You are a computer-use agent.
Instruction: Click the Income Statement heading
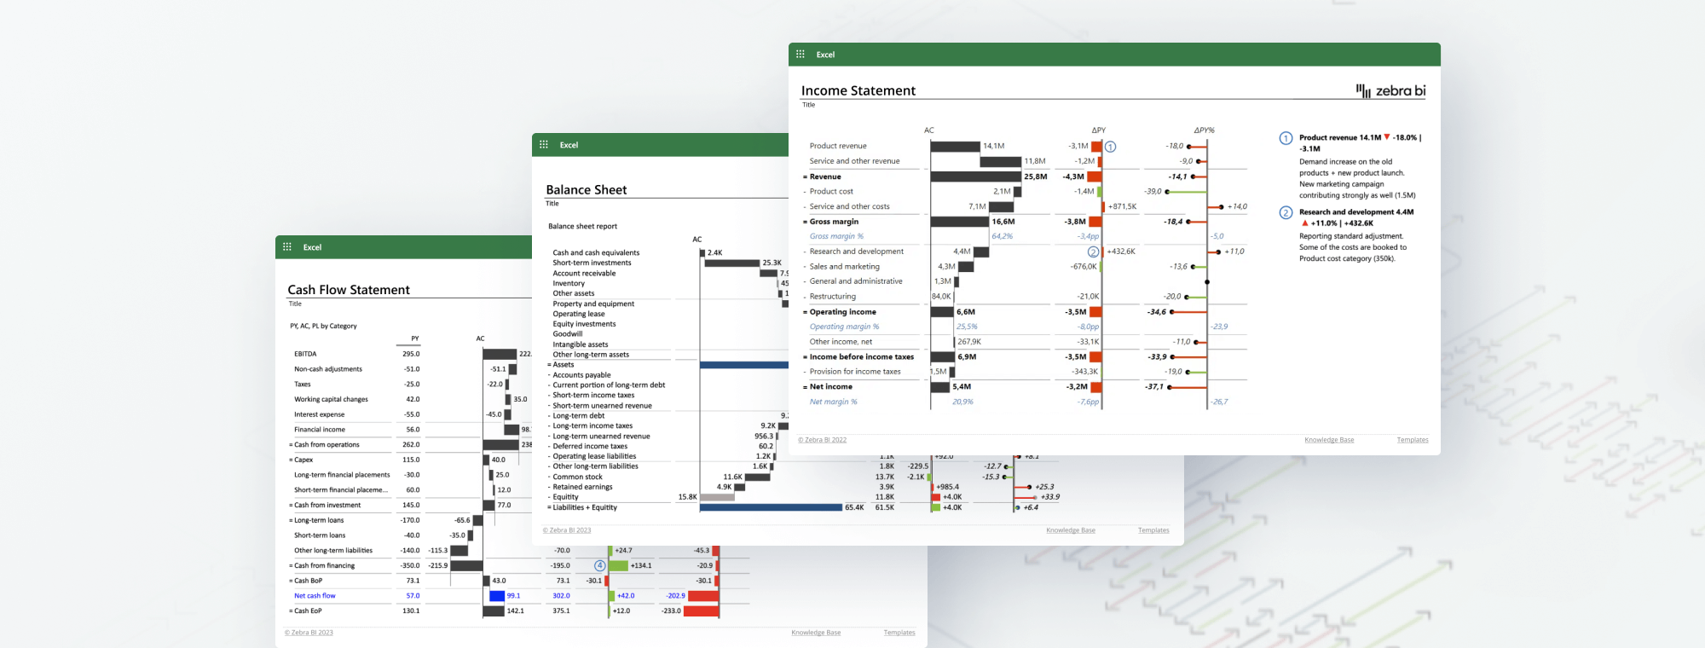coord(858,91)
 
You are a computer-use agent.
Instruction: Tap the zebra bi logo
coord(1391,91)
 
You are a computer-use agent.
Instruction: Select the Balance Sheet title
coord(586,190)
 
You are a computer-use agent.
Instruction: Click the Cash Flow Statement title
coord(349,290)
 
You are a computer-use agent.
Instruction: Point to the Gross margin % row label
coord(836,236)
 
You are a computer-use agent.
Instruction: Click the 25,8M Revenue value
coord(1035,176)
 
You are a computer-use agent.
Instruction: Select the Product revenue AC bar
coord(955,147)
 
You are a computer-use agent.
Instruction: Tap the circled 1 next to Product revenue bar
coord(1110,147)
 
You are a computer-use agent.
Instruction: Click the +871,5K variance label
coord(1122,206)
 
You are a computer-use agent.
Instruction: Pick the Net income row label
coord(830,386)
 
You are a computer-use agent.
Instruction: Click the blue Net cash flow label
coord(315,596)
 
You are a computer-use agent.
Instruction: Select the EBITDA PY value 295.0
coord(411,354)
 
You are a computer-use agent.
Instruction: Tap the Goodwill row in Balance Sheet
coord(568,334)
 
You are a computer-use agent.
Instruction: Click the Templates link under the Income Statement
coord(1412,440)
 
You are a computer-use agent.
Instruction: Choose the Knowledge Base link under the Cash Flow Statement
coord(815,633)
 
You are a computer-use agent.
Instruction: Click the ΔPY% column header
coord(1204,130)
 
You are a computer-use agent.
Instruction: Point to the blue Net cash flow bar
coord(497,596)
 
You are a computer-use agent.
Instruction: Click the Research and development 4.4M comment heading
coord(1355,212)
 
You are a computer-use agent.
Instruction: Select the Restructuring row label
coord(832,297)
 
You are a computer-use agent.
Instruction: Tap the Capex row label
coord(303,460)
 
